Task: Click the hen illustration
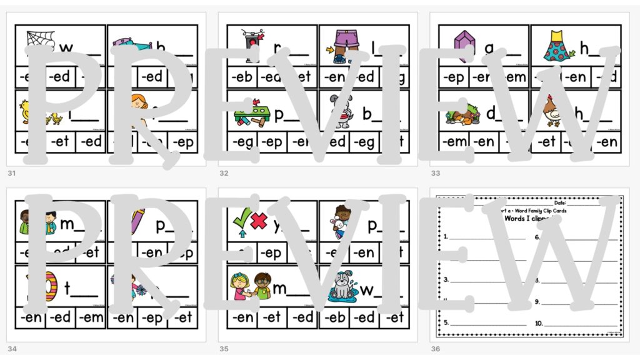pyautogui.click(x=550, y=112)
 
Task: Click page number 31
pyautogui.click(x=11, y=173)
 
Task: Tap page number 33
pyautogui.click(x=434, y=173)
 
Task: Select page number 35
pyautogui.click(x=222, y=348)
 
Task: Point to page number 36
pyautogui.click(x=435, y=348)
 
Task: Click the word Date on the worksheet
pyautogui.click(x=560, y=203)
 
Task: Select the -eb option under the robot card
pyautogui.click(x=241, y=77)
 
